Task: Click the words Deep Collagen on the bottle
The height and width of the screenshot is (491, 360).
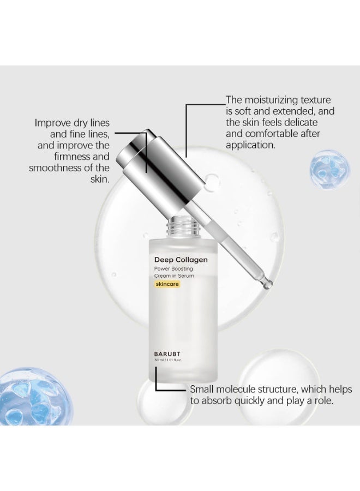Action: (181, 260)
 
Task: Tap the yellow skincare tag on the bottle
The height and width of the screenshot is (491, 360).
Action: (167, 284)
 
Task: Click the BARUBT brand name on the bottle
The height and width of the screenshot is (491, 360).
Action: (167, 354)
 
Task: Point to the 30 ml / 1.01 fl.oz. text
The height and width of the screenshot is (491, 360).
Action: (168, 360)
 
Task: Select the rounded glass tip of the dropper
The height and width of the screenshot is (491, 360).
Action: (267, 284)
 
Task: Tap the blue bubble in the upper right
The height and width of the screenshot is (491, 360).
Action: (329, 169)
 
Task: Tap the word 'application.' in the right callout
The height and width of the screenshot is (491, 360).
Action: (251, 145)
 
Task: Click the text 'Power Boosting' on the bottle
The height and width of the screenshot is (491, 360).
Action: (173, 268)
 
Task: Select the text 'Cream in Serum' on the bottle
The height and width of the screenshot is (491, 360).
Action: (174, 276)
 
